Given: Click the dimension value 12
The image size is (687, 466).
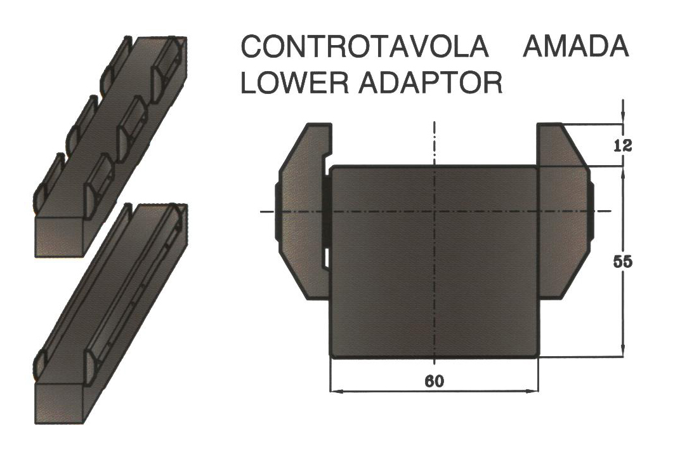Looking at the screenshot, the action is click(623, 145).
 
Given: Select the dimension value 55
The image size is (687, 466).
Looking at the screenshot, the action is click(622, 262).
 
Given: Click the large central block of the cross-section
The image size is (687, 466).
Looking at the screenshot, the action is click(434, 262).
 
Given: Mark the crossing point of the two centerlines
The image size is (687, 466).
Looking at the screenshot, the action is click(434, 211).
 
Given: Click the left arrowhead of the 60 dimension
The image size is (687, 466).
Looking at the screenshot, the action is click(335, 390).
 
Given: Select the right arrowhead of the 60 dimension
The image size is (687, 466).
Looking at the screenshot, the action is click(532, 390).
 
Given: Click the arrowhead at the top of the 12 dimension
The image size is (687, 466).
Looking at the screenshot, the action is click(623, 117).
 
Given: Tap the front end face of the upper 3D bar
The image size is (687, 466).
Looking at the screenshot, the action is click(59, 236).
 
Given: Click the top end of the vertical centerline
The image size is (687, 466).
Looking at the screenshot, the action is click(434, 121).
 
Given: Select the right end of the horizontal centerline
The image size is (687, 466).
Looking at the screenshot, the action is click(610, 211).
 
